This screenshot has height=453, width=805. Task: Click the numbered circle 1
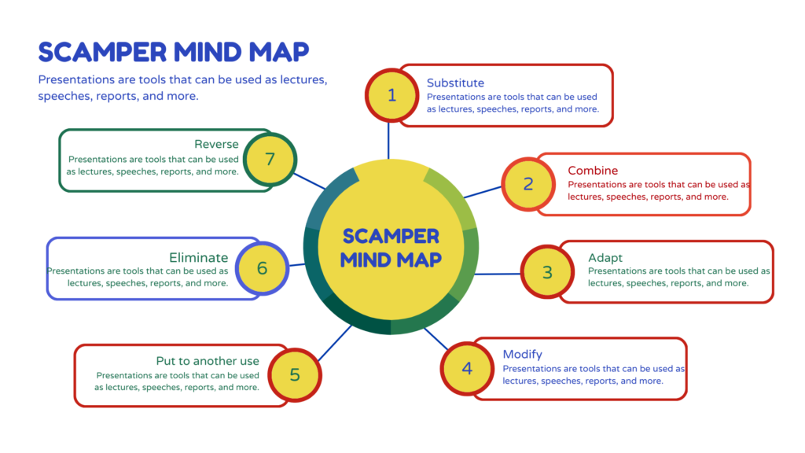pyautogui.click(x=391, y=95)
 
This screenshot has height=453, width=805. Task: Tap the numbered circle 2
pyautogui.click(x=528, y=184)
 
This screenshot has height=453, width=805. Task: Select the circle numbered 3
pyautogui.click(x=547, y=272)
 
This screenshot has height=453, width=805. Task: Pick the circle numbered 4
pyautogui.click(x=467, y=368)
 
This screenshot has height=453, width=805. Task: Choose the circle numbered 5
pyautogui.click(x=295, y=374)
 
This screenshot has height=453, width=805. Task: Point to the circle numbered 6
pyautogui.click(x=262, y=268)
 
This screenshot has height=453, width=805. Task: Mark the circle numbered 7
pyautogui.click(x=270, y=159)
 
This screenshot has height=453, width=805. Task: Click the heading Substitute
pyautogui.click(x=455, y=83)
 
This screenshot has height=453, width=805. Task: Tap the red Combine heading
pyautogui.click(x=593, y=171)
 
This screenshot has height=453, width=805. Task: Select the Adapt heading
pyautogui.click(x=605, y=257)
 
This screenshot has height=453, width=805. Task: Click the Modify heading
pyautogui.click(x=522, y=354)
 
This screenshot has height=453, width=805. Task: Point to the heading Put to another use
pyautogui.click(x=208, y=361)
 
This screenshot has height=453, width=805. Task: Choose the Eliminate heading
pyautogui.click(x=199, y=257)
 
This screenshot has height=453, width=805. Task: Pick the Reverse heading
pyautogui.click(x=216, y=145)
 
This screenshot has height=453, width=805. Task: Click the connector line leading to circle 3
pyautogui.click(x=498, y=274)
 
